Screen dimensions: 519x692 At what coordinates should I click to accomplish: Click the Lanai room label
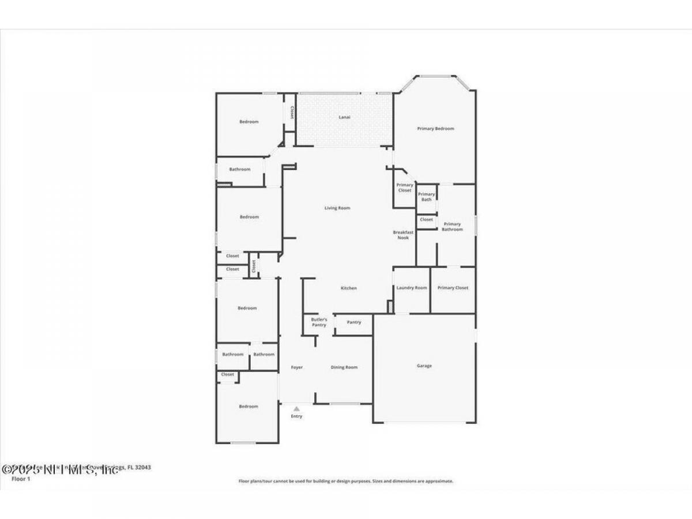[x=344, y=117]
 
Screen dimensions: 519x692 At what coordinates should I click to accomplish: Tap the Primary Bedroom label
[x=435, y=129]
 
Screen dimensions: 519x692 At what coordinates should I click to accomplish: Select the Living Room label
[x=337, y=208]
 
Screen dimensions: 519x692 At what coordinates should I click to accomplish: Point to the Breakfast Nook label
[x=403, y=235]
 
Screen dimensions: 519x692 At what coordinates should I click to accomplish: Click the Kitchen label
[x=348, y=288]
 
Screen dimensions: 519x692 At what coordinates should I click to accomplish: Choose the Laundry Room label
[x=412, y=288]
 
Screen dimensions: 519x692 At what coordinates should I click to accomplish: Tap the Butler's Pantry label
[x=319, y=322]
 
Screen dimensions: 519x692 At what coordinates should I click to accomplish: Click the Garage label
[x=424, y=366]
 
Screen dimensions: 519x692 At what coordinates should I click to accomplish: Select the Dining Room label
[x=344, y=367]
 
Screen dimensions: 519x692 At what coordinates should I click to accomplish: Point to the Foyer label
[x=296, y=367]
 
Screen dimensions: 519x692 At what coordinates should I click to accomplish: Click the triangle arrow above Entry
[x=296, y=409]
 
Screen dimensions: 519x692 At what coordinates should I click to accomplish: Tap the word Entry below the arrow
[x=296, y=416]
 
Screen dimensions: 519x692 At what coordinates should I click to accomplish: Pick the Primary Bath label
[x=426, y=197]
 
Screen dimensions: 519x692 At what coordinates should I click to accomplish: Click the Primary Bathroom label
[x=452, y=227]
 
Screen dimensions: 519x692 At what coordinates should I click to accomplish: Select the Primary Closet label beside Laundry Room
[x=453, y=288]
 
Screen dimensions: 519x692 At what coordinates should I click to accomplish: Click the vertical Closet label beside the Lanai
[x=292, y=112]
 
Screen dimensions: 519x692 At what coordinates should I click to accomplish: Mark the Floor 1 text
[x=21, y=479]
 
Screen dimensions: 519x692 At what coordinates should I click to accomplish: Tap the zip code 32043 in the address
[x=143, y=468]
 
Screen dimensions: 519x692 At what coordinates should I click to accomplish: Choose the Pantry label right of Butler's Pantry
[x=354, y=322]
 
